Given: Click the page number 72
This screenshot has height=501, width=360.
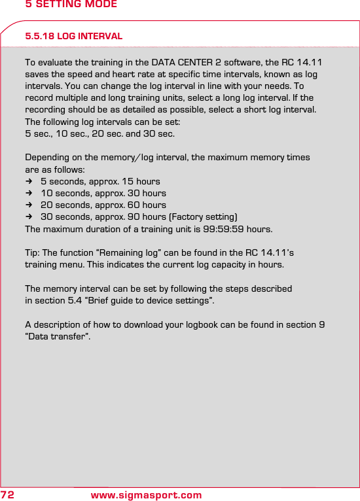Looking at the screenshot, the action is pyautogui.click(x=8, y=494).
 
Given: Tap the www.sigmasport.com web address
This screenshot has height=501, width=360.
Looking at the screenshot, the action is pyautogui.click(x=146, y=495).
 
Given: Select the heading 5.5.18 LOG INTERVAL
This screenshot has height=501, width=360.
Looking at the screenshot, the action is pyautogui.click(x=73, y=36).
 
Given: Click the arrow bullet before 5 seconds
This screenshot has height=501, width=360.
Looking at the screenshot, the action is pyautogui.click(x=29, y=181).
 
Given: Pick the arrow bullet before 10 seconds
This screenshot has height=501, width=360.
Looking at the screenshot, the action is pyautogui.click(x=29, y=193).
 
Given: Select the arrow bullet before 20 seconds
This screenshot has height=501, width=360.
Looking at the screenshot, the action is pyautogui.click(x=29, y=205).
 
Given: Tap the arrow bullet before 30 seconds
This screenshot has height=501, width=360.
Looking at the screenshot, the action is pyautogui.click(x=29, y=216).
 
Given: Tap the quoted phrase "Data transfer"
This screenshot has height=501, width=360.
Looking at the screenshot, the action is pyautogui.click(x=57, y=337).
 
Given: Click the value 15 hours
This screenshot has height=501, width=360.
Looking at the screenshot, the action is pyautogui.click(x=139, y=181).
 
